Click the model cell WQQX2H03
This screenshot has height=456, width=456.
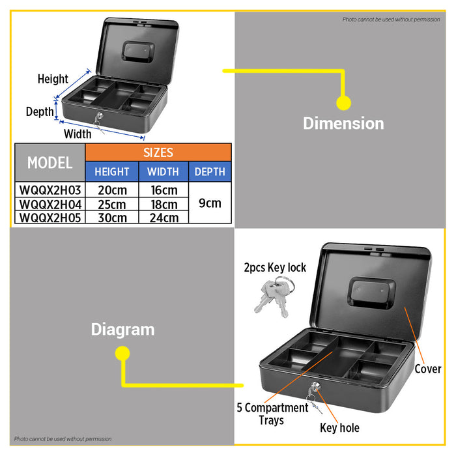click(50, 190)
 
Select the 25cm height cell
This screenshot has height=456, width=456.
click(112, 205)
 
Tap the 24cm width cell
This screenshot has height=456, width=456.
click(164, 218)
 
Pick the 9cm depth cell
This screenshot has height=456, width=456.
click(210, 203)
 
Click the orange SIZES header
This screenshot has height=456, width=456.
click(158, 152)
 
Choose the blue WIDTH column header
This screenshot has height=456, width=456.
click(164, 171)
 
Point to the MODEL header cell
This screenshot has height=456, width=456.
click(50, 162)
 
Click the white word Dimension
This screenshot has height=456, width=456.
click(343, 123)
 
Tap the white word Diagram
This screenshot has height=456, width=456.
click(122, 330)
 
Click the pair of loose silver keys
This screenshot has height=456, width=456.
click(274, 296)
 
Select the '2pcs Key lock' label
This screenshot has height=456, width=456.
click(275, 268)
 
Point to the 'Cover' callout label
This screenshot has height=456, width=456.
click(428, 369)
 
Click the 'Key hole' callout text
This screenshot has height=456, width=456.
click(339, 428)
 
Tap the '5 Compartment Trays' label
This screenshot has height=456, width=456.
click(272, 414)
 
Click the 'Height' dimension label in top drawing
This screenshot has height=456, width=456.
click(53, 79)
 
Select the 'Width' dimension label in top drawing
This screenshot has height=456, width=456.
click(78, 134)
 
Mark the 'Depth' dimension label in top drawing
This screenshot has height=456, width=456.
click(40, 111)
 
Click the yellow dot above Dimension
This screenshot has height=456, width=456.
click(343, 103)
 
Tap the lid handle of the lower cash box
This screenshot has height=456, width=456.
click(372, 293)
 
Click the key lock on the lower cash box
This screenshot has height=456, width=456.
click(315, 387)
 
